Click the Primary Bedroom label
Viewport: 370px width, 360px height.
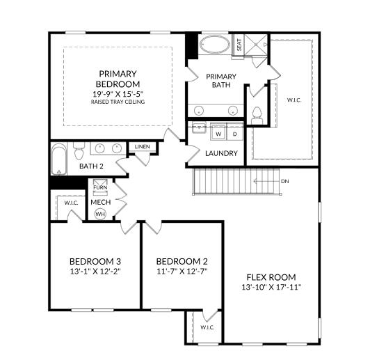point(118,79)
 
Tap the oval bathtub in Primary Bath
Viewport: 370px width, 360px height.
point(214,45)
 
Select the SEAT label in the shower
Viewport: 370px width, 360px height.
point(239,45)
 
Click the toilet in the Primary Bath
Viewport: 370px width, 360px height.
point(257,116)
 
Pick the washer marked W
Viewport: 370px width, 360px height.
point(218,134)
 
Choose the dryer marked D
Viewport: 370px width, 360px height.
point(235,134)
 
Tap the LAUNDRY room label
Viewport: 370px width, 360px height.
point(221,153)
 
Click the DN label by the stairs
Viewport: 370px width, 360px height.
point(285,181)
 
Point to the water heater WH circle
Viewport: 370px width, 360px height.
point(100,214)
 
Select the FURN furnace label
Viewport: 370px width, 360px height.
point(100,187)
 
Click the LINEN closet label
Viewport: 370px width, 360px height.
point(142,147)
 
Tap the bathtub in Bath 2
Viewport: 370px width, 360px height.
point(59,159)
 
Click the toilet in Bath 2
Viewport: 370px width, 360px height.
point(79,150)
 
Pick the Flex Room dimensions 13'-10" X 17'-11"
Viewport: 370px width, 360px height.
point(271,287)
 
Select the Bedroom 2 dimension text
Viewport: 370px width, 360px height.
point(182,272)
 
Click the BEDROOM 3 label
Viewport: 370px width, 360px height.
point(95,262)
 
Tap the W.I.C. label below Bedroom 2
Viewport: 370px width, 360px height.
point(207,327)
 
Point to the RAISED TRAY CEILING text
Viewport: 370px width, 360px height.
point(118,102)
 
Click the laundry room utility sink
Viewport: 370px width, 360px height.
point(199,128)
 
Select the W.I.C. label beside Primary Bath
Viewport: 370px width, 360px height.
point(294,100)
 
